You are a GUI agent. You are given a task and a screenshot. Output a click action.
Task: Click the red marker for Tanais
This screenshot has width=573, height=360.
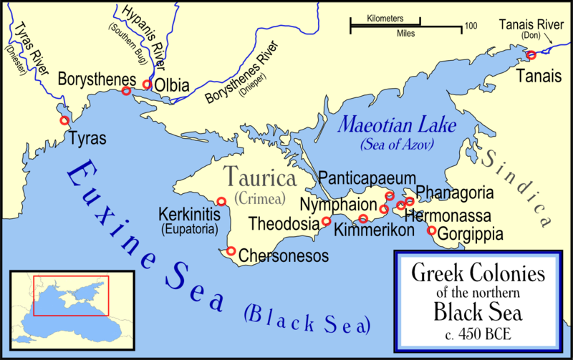[x=531, y=55]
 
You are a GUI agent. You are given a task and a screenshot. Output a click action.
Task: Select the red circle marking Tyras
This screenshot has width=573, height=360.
[x=64, y=120]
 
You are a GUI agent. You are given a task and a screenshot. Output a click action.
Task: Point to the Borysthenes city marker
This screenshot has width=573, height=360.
[x=126, y=91]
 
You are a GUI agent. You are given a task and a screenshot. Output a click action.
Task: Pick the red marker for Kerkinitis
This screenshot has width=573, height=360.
[x=221, y=202]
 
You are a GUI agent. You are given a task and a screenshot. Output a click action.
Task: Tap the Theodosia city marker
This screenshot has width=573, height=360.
[x=327, y=221]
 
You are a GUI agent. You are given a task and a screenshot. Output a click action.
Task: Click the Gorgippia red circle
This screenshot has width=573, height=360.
[x=431, y=230]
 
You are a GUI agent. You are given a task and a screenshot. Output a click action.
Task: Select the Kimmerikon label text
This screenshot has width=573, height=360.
[x=375, y=232]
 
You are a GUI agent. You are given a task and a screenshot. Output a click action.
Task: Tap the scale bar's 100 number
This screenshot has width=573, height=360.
[x=471, y=26]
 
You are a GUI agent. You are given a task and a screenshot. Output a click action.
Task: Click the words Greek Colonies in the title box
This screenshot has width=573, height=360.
[x=476, y=273]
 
